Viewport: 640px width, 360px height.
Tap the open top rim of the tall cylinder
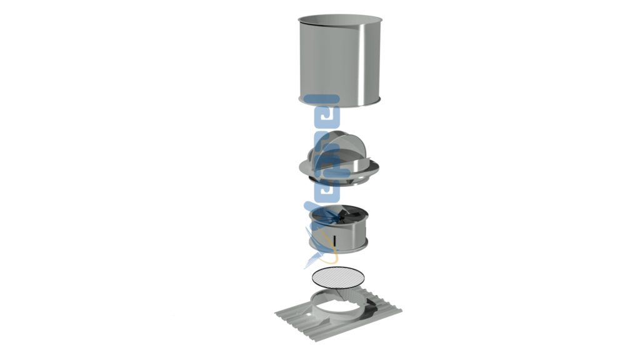click(339, 20)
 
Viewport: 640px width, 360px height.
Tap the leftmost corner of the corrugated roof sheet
click(276, 314)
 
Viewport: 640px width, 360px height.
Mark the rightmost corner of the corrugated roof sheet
click(402, 310)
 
